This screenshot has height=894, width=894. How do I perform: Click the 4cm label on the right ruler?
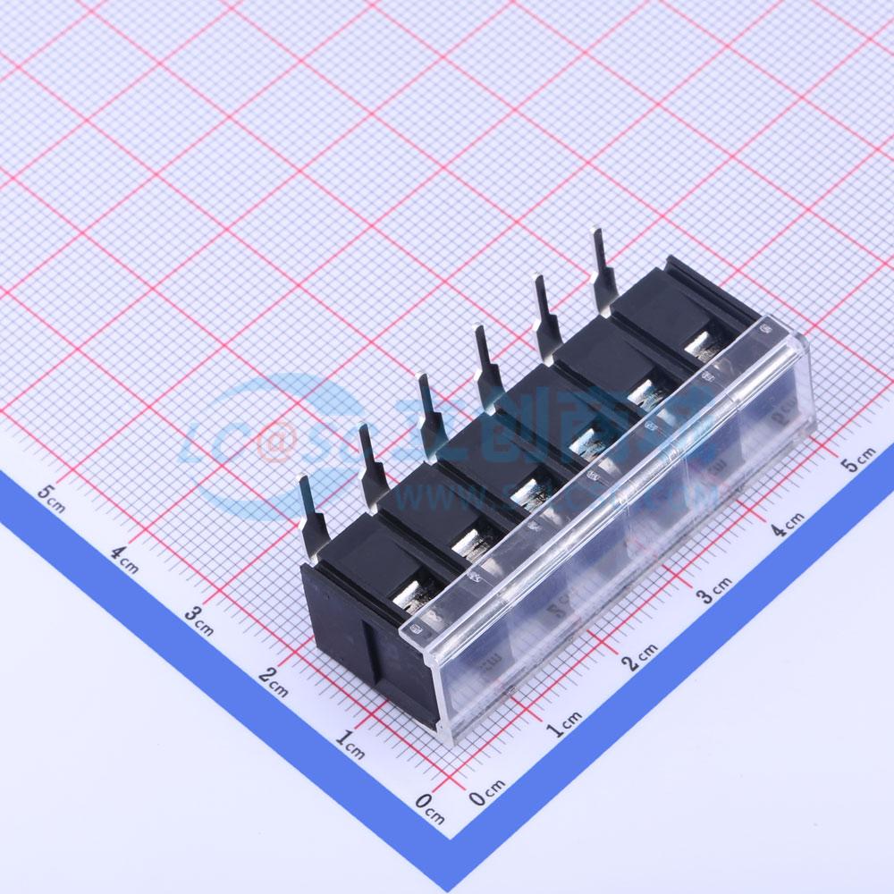[788, 524]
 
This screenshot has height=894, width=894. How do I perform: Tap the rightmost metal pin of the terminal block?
[603, 269]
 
